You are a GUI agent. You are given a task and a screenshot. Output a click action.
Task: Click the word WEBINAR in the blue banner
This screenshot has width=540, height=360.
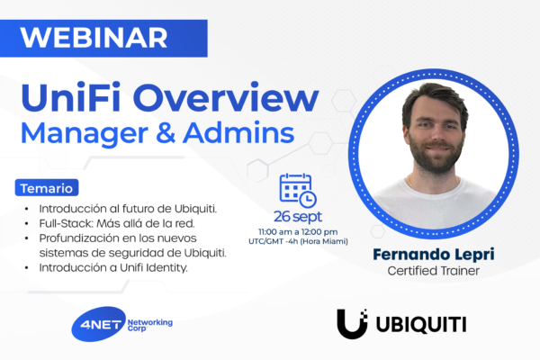[x=94, y=37]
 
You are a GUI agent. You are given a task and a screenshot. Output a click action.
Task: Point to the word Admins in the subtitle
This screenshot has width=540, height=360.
[x=238, y=132]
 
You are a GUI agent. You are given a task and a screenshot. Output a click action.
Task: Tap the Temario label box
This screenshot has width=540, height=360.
[x=48, y=189]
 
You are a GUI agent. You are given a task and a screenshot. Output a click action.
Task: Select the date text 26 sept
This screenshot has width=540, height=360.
[x=297, y=217]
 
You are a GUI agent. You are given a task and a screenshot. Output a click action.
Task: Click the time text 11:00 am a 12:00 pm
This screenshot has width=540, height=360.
[x=297, y=231]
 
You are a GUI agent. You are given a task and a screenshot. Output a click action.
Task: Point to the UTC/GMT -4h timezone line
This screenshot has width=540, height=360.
[x=297, y=241]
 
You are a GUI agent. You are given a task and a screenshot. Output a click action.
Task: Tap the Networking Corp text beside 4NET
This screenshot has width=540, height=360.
[x=149, y=324]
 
